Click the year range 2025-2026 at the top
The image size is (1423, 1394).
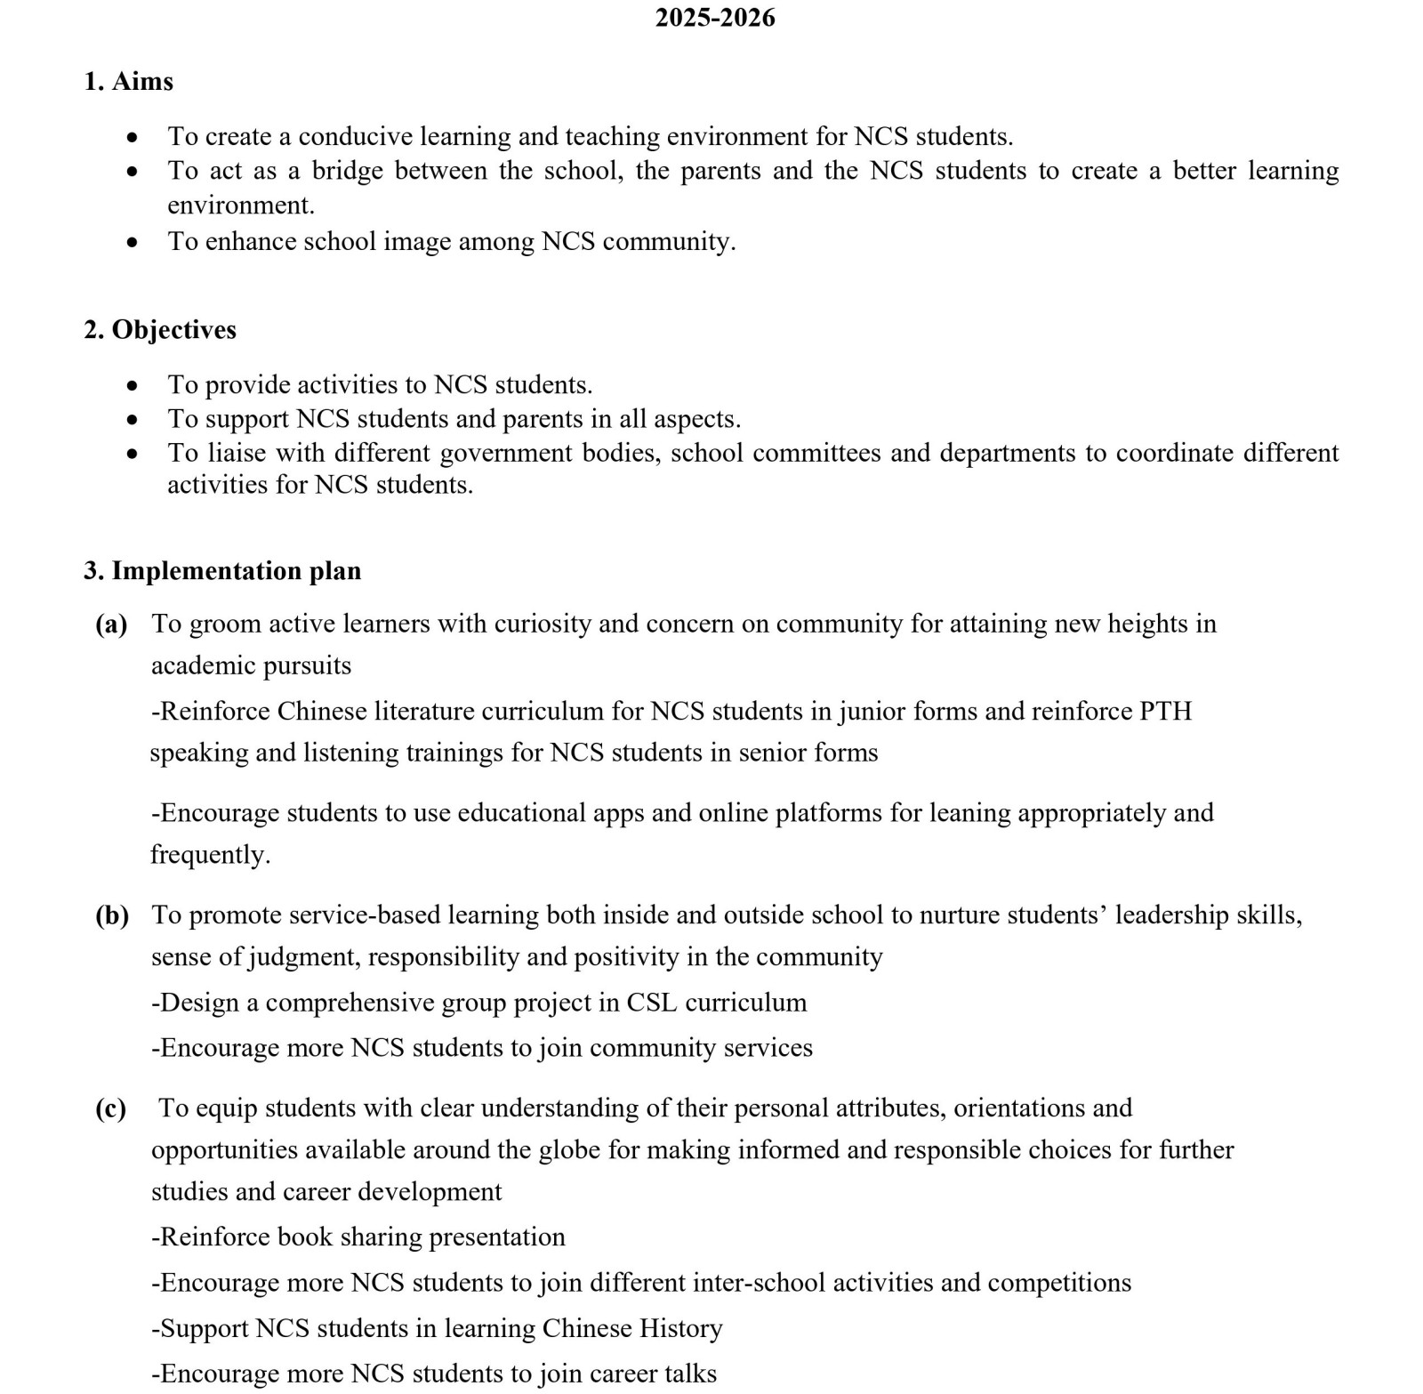[x=715, y=18]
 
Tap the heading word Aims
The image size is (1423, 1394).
[x=142, y=81]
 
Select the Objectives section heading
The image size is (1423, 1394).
[x=173, y=329]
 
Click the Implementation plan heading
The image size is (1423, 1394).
[x=236, y=570]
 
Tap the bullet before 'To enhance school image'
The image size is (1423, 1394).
[x=133, y=242]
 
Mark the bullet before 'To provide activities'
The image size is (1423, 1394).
[x=133, y=385]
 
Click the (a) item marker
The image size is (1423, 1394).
[x=111, y=624]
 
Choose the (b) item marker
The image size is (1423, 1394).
[x=112, y=915]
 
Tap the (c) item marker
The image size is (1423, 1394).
[x=111, y=1108]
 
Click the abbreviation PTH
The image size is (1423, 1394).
[x=1165, y=711]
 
